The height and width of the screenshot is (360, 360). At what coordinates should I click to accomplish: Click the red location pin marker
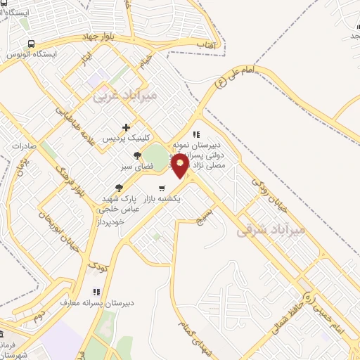point(181,166)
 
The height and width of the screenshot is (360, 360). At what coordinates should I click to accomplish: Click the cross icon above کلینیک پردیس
point(125,127)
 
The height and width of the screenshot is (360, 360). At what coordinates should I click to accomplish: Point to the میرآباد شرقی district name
point(271,229)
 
